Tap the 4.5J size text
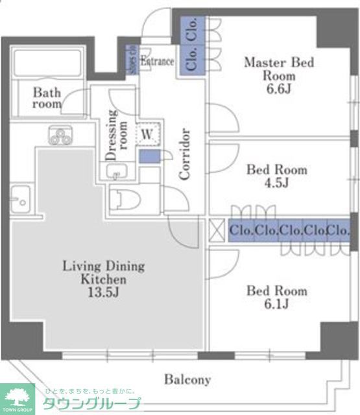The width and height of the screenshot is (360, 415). [x=277, y=183]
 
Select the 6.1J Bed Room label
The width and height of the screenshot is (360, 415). [x=277, y=298]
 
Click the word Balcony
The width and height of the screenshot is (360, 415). [x=187, y=379]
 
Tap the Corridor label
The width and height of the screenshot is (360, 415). [x=185, y=154]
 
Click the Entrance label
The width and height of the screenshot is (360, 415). [x=158, y=62]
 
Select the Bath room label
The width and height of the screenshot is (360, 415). [x=47, y=98]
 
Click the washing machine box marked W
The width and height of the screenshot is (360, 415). [x=147, y=135]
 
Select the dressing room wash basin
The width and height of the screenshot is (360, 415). [x=117, y=172]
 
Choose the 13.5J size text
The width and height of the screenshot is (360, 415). [x=103, y=292]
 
